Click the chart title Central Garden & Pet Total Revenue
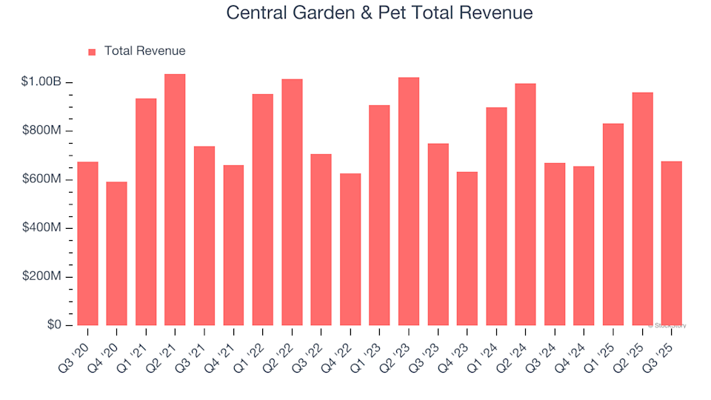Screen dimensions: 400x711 coord(379,13)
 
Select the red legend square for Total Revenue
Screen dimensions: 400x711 coord(92,52)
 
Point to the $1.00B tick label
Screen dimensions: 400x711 coord(41,82)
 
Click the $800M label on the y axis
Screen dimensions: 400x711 coord(41,131)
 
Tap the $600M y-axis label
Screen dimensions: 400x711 coord(41,180)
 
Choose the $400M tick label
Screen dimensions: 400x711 coord(41,228)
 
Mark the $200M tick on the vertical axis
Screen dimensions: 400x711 coord(41,277)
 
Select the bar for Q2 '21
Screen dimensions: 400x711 coord(175,200)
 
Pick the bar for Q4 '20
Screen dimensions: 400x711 coord(116,253)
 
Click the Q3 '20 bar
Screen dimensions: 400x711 coord(87,244)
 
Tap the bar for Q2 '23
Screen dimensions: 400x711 coord(409,201)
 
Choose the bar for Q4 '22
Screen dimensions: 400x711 coord(350,250)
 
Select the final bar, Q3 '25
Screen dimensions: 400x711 coord(672,244)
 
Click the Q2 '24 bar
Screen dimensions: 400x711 coord(526,204)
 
